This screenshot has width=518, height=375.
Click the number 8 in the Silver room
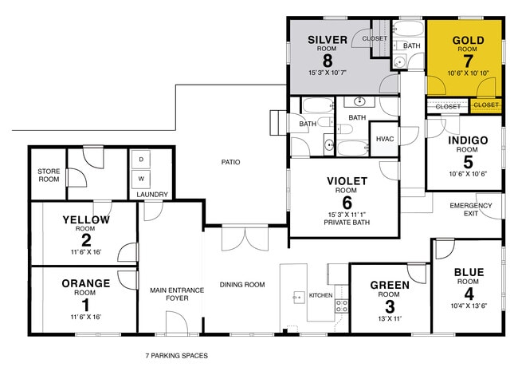coord(327,59)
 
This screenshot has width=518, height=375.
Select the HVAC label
coord(385,139)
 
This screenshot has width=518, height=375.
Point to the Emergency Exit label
coord(471,210)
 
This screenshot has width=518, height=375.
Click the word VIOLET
coord(347,181)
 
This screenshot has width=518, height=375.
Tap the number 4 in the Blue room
coord(469,293)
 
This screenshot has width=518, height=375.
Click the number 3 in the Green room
coord(390,306)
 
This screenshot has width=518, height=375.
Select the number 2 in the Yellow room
coord(85,239)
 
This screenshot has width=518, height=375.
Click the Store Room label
coord(49,176)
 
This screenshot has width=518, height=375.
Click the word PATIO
coord(231,163)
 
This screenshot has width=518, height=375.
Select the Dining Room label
coord(242,284)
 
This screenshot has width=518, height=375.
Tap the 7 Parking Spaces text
coord(176,356)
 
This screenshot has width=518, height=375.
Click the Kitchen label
coord(320,296)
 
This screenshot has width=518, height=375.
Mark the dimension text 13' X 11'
coord(390,319)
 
